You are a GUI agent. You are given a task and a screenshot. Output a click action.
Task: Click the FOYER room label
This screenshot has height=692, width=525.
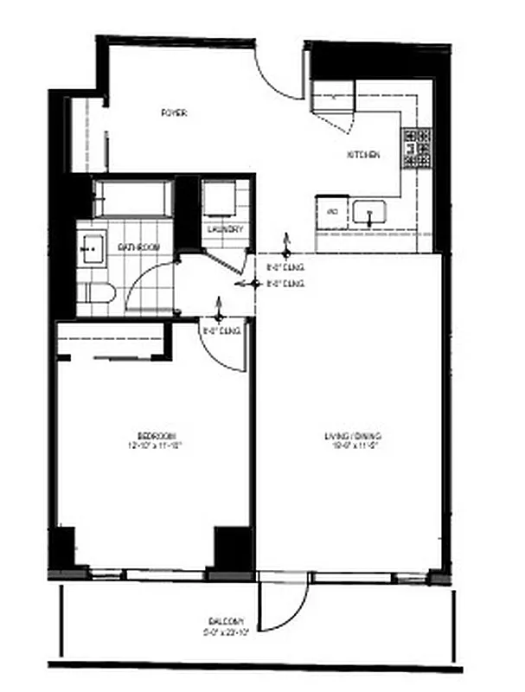175,112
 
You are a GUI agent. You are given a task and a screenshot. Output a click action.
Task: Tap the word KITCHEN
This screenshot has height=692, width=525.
362,155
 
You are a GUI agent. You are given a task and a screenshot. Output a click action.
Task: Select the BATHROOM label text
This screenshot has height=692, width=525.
139,248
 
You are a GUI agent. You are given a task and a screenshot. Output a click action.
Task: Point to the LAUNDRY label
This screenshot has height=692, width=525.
226,229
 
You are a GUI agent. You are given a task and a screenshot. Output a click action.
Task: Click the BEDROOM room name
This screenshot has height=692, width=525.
157,434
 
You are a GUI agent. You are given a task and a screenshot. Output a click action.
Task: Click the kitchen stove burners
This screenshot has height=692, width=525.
416,148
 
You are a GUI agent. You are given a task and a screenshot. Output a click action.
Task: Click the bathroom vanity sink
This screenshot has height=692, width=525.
90,248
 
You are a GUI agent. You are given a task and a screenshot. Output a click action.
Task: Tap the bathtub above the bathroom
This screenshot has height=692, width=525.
134,198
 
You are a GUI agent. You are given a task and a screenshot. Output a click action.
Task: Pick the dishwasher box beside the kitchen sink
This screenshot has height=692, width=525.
330,210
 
